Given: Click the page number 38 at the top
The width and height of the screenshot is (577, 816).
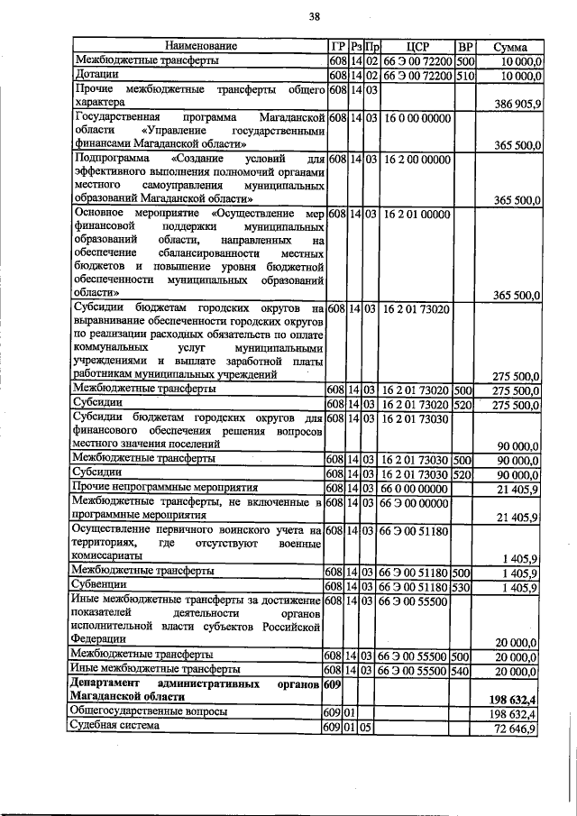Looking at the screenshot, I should pyautogui.click(x=315, y=16).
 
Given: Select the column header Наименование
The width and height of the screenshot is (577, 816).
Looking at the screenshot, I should pyautogui.click(x=199, y=45).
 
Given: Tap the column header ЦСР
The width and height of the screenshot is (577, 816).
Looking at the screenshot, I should pyautogui.click(x=417, y=46).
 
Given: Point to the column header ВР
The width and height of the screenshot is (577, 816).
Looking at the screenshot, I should pyautogui.click(x=465, y=46).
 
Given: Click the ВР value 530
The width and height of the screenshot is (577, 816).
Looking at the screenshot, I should pyautogui.click(x=464, y=587).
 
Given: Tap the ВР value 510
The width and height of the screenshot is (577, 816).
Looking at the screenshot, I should pyautogui.click(x=465, y=76).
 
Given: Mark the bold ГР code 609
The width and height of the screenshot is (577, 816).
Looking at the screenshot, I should pyautogui.click(x=334, y=685).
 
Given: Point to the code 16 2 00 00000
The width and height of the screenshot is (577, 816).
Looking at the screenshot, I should pyautogui.click(x=417, y=160).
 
